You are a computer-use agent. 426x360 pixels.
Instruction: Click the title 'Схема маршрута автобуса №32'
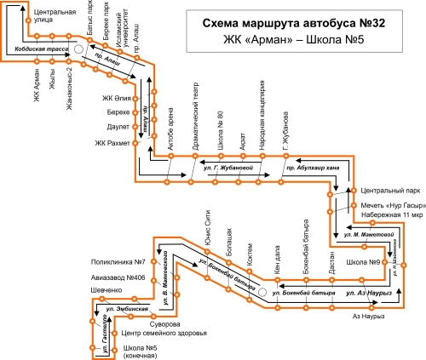[x=294, y=23]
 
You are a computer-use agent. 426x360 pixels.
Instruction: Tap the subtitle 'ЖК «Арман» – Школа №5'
[x=294, y=40]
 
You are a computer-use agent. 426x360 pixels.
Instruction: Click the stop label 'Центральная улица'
[x=55, y=16]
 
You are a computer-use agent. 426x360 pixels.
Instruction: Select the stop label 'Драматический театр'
[x=195, y=117]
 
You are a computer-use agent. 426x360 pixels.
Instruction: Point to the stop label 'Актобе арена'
[x=170, y=129]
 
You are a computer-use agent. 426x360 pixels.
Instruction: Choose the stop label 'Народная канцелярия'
[x=262, y=115]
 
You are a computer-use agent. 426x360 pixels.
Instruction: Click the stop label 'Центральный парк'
[x=390, y=191]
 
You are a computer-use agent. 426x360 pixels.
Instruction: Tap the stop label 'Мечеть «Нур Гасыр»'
[x=394, y=205]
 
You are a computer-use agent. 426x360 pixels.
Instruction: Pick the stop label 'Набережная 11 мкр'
[x=392, y=215]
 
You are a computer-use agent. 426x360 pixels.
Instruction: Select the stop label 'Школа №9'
[x=363, y=262]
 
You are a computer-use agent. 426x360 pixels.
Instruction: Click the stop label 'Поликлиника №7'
[x=118, y=262]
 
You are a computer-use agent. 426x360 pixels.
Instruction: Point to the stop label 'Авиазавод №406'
[x=118, y=277]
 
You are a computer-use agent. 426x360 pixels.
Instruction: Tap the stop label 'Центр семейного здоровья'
[x=164, y=333]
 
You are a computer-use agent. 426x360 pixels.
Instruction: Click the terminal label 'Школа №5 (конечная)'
[x=141, y=351]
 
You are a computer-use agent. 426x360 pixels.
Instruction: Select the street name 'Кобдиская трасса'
[x=42, y=49]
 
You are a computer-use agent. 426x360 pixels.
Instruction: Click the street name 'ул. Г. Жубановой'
[x=228, y=168]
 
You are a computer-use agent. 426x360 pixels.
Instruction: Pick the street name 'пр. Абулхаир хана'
[x=313, y=168]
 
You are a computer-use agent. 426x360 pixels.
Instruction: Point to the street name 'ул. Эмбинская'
[x=127, y=309]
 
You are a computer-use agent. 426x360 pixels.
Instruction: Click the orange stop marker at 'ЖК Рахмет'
[x=135, y=143]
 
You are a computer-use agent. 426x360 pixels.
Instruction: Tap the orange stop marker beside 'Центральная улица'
[x=28, y=20]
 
